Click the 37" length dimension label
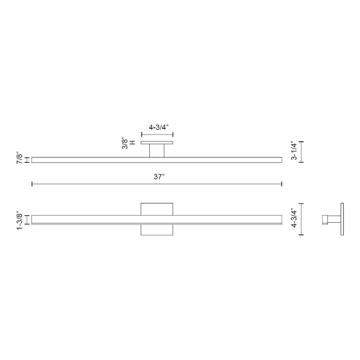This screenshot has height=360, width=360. point(159,177)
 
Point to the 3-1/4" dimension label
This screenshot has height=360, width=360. point(294,151)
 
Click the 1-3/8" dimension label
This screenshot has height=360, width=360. point(20,222)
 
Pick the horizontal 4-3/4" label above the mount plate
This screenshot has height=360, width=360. point(159,127)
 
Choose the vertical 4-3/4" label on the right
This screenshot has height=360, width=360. point(294,218)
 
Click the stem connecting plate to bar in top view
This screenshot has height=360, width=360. point(157,151)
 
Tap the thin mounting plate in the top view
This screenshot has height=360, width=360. point(157,143)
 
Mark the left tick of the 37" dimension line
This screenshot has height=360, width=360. point(32,184)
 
